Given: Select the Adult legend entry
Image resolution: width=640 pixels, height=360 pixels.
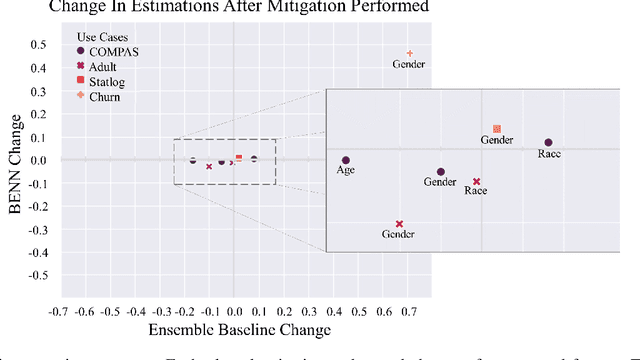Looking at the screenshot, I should point(100,65).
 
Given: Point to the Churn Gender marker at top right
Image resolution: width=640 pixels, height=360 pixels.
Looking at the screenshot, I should point(410,53).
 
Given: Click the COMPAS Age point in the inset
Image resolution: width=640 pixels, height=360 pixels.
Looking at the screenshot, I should point(346,160).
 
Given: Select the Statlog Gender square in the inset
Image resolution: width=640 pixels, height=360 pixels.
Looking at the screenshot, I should point(497,129).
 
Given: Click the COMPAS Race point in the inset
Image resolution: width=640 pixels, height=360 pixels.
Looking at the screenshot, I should point(548,143).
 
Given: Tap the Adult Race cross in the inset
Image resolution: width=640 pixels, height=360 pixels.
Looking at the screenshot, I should point(477,181).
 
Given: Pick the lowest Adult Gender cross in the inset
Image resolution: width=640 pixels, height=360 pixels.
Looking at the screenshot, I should point(399,224).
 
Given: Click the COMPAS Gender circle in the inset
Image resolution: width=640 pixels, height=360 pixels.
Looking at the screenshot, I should point(440,172).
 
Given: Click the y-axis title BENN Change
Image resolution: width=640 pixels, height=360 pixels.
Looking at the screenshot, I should point(15,160).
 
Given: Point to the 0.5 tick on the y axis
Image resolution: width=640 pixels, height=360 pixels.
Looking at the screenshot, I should point(37,44).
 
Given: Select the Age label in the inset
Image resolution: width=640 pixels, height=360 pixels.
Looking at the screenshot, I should point(345,171).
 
